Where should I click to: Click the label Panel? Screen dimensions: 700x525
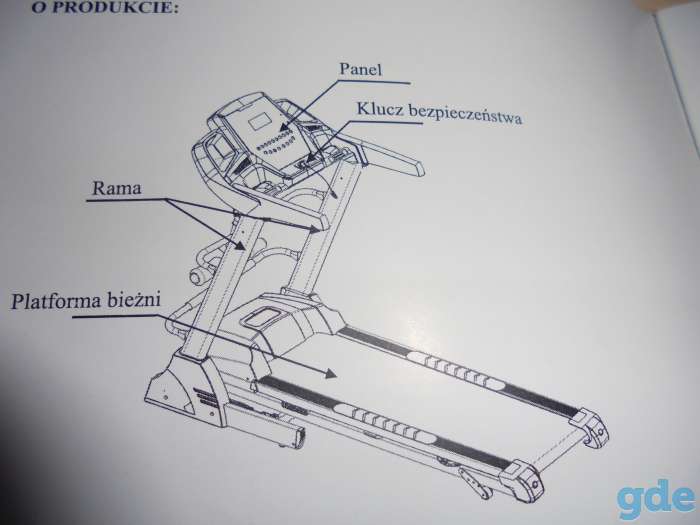point(361,69)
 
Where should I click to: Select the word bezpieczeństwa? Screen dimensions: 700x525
point(465,114)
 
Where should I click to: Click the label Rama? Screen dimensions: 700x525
point(117,188)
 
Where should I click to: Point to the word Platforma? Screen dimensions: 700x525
point(56,300)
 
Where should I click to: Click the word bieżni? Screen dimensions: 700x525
point(133,298)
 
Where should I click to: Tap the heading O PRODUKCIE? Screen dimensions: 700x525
point(105,8)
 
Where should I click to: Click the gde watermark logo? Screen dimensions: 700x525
point(656,498)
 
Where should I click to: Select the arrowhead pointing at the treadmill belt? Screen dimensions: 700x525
point(329,373)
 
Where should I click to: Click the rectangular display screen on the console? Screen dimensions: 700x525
point(260,121)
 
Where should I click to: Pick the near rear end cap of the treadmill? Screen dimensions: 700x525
point(522,481)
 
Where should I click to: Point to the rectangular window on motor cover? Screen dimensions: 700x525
point(260,318)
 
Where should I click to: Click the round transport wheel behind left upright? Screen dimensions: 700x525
point(198,276)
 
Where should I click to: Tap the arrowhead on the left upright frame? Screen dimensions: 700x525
point(240,245)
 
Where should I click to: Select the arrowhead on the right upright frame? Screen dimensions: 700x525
point(314,229)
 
